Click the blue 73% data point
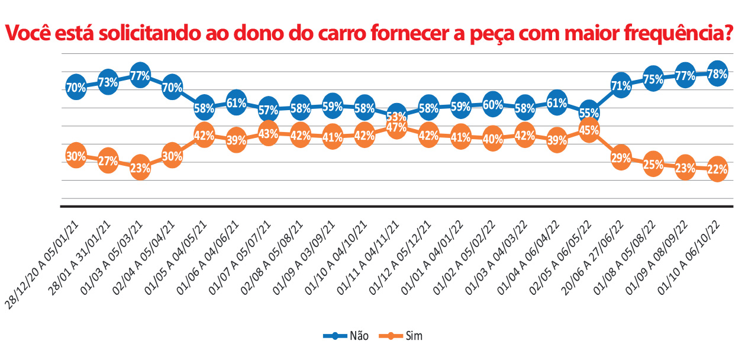pyautogui.click(x=108, y=83)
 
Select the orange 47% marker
pyautogui.click(x=396, y=127)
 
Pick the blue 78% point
pyautogui.click(x=717, y=74)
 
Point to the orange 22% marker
pyautogui.click(x=717, y=169)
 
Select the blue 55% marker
pyautogui.click(x=588, y=112)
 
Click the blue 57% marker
pyautogui.click(x=268, y=110)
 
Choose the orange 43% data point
pyautogui.click(x=268, y=134)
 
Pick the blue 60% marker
pyautogui.click(x=492, y=105)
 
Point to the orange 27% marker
pyautogui.click(x=108, y=160)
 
